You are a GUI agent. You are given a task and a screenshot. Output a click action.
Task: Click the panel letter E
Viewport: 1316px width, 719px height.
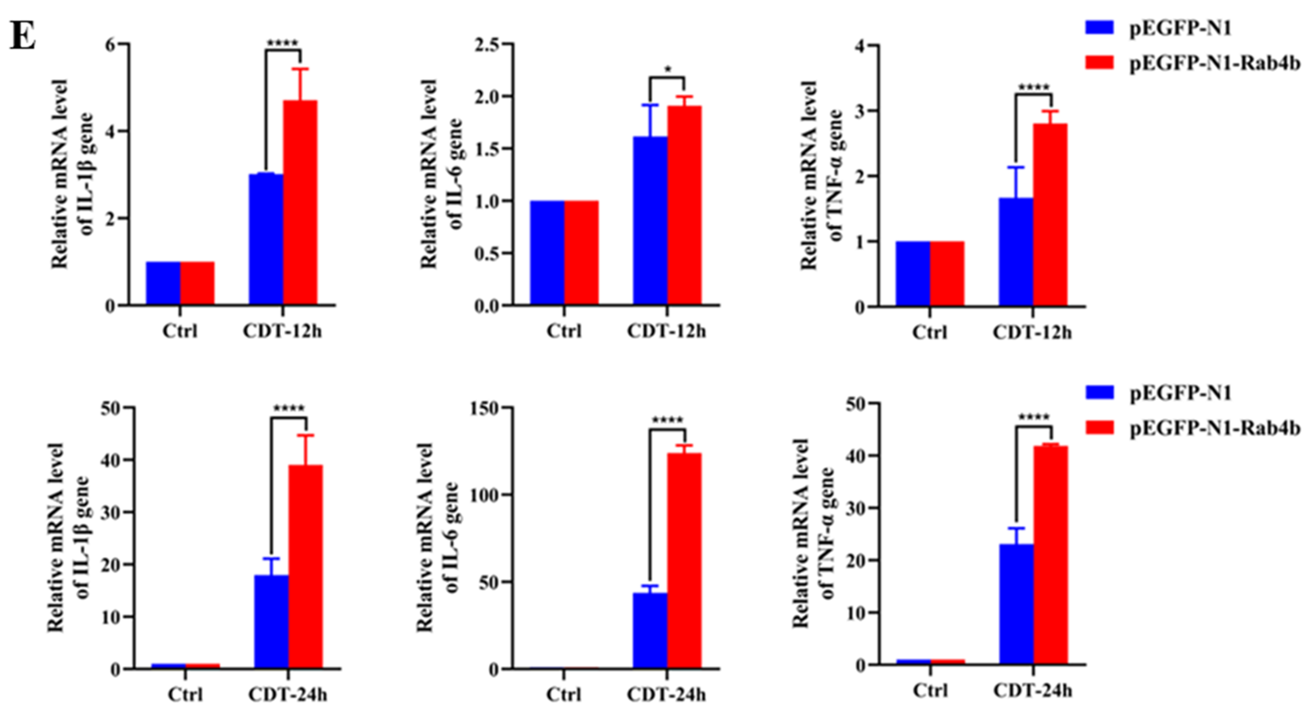click(x=22, y=37)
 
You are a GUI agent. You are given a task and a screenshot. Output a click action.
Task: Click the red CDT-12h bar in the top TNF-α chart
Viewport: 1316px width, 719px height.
click(x=1050, y=214)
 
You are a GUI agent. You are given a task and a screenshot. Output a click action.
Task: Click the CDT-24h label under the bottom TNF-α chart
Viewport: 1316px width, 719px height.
click(x=1033, y=691)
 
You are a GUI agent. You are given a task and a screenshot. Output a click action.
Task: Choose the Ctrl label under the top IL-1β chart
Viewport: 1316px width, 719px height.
click(x=180, y=331)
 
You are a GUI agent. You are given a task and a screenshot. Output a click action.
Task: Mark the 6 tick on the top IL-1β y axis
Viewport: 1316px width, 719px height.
click(x=110, y=45)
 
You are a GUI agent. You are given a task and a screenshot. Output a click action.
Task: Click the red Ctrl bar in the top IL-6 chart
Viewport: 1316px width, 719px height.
click(x=581, y=253)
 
